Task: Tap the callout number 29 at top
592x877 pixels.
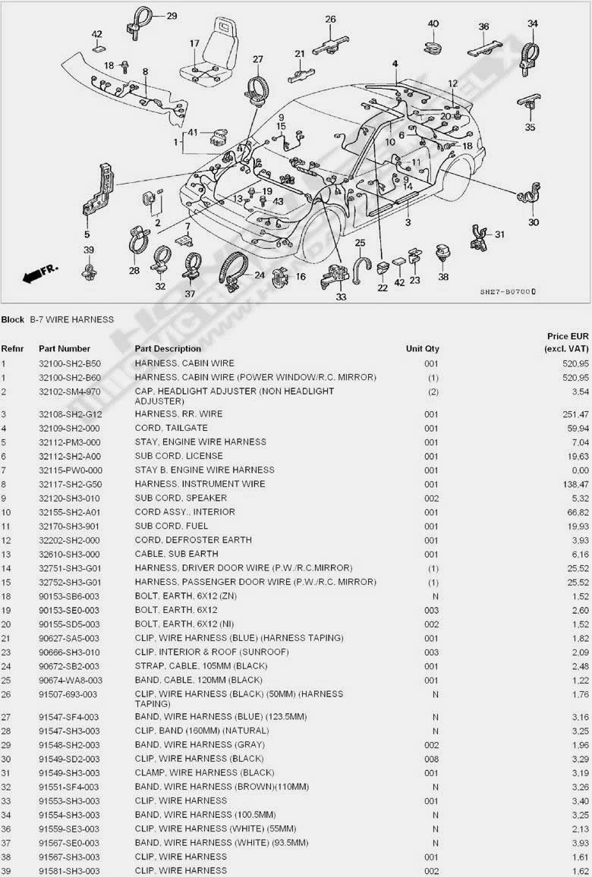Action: point(172,16)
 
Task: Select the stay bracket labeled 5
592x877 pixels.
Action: point(99,190)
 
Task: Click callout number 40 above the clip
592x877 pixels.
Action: point(433,24)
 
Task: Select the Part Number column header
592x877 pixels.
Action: point(65,348)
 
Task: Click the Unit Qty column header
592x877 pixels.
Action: point(423,348)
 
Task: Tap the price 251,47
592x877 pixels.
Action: point(577,414)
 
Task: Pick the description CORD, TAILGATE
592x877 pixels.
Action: point(172,428)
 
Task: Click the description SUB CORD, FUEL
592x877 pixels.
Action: point(172,526)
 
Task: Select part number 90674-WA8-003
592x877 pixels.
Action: point(69,680)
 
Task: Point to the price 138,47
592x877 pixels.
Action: point(577,484)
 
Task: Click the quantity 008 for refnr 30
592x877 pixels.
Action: point(431,759)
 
